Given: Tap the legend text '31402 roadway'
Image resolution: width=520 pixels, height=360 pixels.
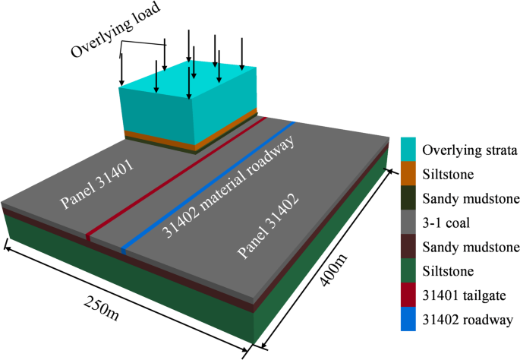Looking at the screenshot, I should coord(464,320).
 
